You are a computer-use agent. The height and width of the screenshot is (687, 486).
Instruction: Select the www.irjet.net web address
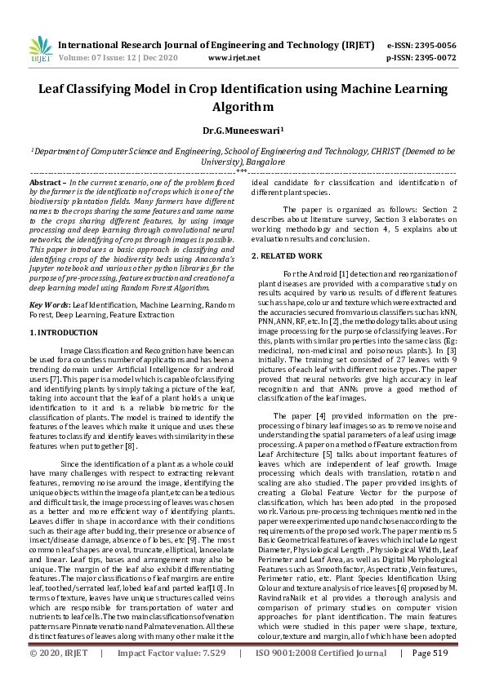tap(234, 59)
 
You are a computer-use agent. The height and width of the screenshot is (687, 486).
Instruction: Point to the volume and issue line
tap(119, 59)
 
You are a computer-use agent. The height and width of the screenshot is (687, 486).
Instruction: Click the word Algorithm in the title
tap(243, 106)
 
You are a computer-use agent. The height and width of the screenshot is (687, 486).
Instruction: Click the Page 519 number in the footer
tap(431, 676)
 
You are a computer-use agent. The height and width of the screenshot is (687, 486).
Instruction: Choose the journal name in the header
tap(216, 45)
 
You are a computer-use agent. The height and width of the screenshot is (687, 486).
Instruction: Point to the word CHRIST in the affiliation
tap(368, 151)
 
